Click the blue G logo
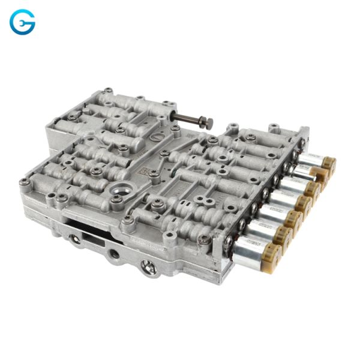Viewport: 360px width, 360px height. [22, 22]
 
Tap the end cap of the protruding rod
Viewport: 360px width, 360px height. [208, 124]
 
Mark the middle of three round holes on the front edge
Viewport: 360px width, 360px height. [115, 255]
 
